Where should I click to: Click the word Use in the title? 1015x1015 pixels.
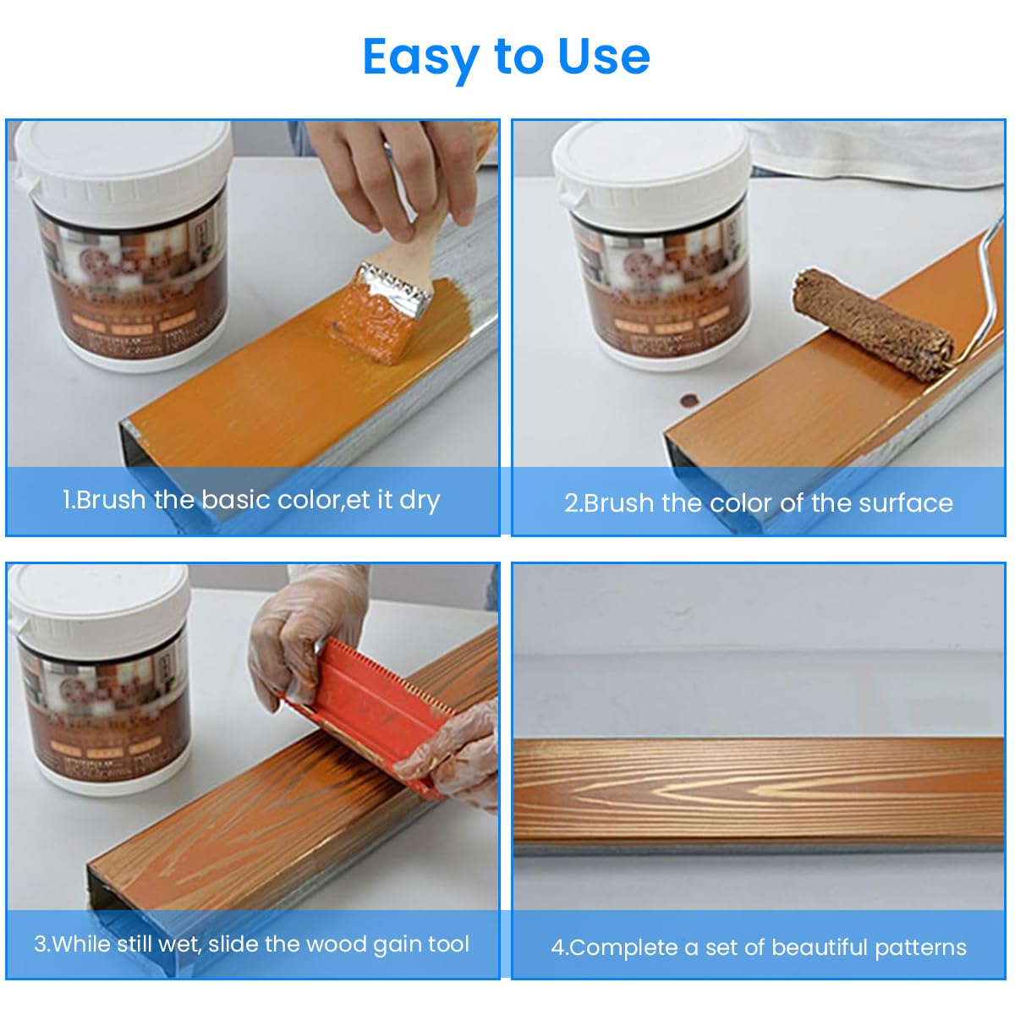(604, 58)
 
